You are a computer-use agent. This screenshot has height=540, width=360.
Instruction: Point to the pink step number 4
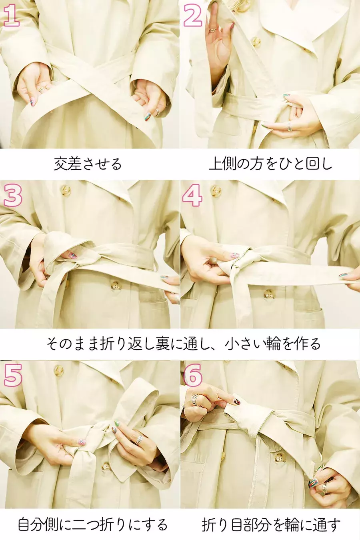[x=192, y=195]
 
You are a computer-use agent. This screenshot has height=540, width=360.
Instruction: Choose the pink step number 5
[x=13, y=376]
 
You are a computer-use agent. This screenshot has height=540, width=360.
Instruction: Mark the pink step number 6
[x=193, y=375]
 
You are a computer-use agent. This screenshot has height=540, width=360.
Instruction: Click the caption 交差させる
[x=88, y=164]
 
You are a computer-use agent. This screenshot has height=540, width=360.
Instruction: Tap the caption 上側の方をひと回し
[x=270, y=164]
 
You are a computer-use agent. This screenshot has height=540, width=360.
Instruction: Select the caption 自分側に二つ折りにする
[x=92, y=524]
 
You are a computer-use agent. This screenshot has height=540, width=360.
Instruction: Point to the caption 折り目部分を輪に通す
[x=271, y=524]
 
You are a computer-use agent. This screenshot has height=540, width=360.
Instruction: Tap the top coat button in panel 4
[x=216, y=191]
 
